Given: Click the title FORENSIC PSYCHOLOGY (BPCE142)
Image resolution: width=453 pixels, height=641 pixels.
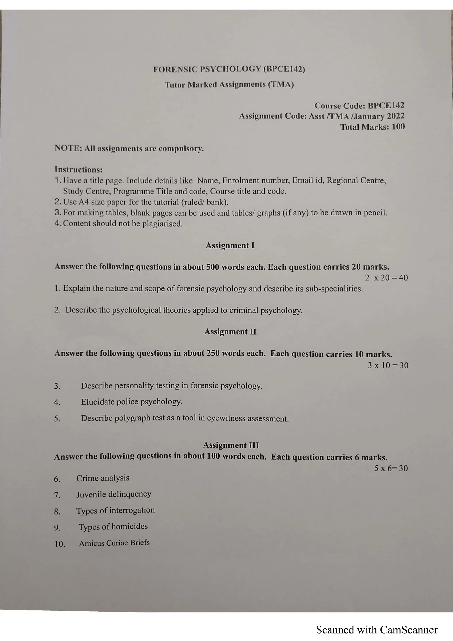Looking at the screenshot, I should [x=229, y=69].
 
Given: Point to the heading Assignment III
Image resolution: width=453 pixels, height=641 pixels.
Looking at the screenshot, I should [x=231, y=445].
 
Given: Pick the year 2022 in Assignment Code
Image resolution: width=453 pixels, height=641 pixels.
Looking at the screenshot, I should [x=395, y=116].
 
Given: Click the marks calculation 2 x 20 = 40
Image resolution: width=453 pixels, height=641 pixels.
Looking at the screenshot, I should [x=386, y=278].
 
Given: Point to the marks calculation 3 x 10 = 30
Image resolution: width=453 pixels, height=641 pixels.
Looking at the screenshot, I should [x=388, y=365].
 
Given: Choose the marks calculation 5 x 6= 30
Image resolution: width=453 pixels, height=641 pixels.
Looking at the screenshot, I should [x=391, y=468].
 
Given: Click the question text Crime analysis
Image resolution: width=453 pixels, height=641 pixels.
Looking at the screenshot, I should [x=103, y=478].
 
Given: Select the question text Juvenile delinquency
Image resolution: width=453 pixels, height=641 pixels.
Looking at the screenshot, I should [x=114, y=494].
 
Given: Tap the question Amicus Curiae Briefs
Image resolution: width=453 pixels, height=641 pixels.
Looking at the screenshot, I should [x=114, y=543].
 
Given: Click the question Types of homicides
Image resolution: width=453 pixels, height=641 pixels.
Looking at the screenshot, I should [x=113, y=526].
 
